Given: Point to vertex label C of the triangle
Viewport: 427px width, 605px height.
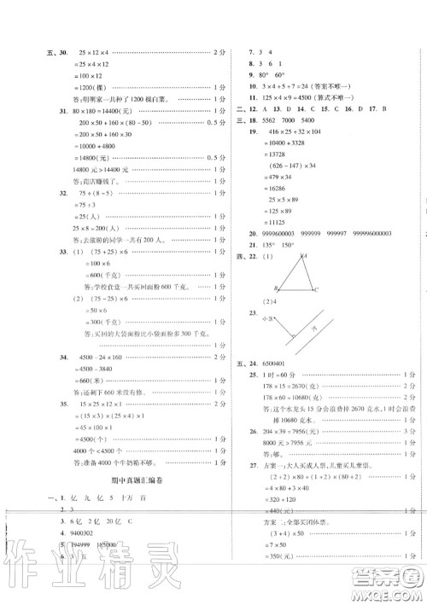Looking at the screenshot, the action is pyautogui.click(x=316, y=290).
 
